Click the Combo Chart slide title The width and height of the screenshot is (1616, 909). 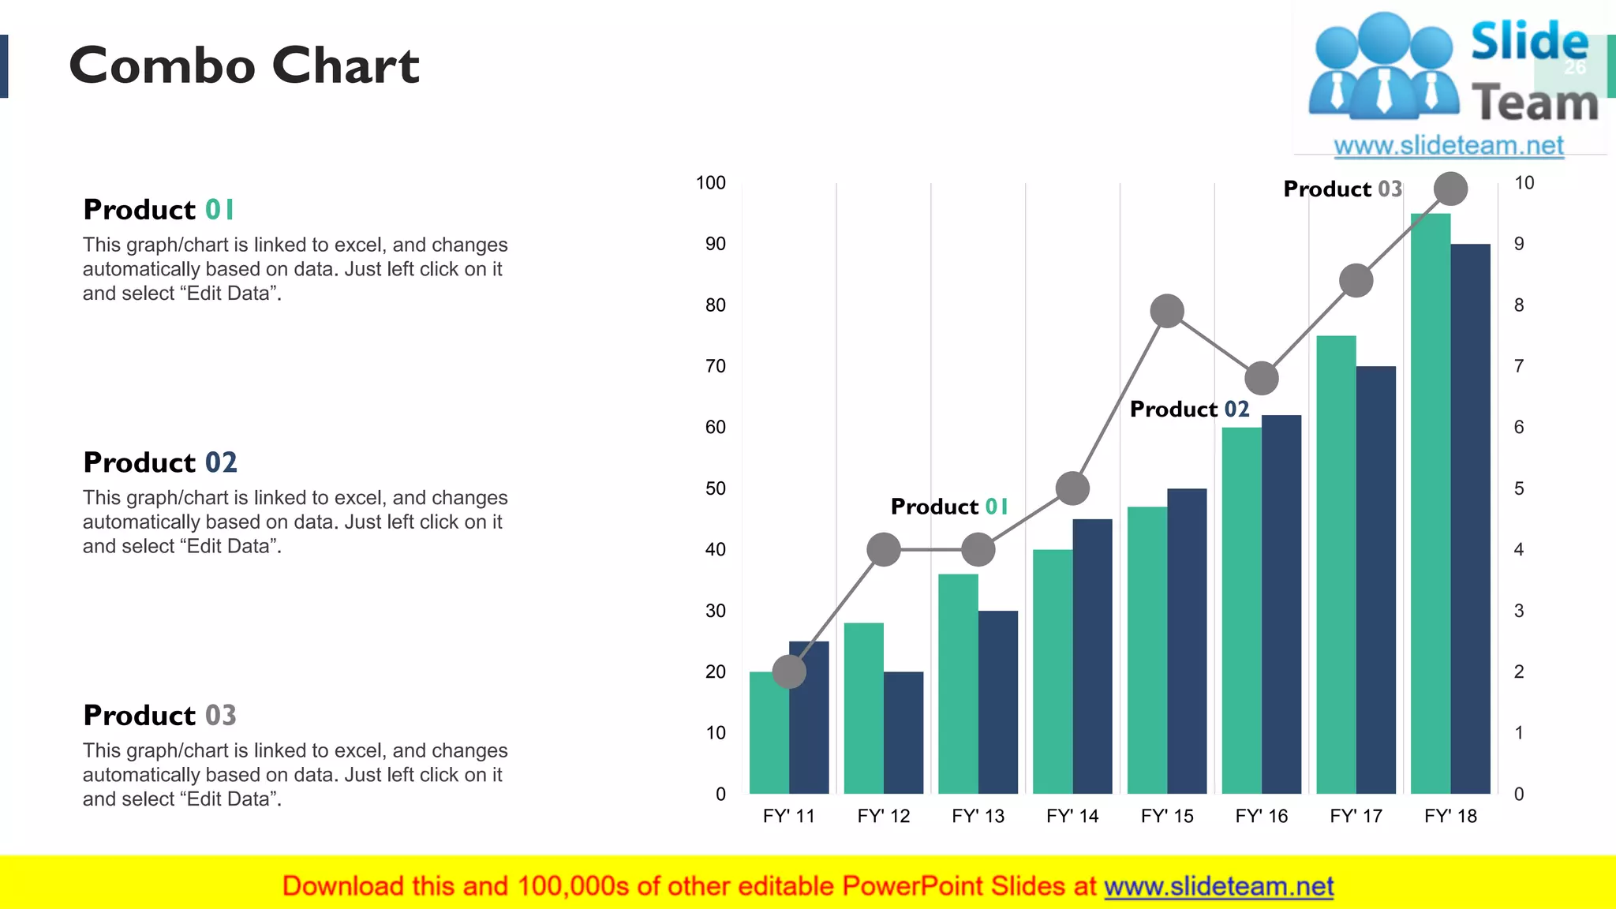pos(244,65)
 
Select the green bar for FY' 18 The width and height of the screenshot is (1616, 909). pos(1431,505)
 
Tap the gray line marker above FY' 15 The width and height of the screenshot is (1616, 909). pos(1167,311)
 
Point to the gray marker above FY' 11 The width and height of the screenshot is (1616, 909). pos(789,671)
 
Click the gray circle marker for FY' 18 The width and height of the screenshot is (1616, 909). pos(1450,189)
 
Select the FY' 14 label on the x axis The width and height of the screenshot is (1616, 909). pos(1072,816)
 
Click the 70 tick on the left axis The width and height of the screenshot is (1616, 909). pos(716,366)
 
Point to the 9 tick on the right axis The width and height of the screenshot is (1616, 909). pos(1519,244)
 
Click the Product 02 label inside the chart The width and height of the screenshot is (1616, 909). pos(1189,409)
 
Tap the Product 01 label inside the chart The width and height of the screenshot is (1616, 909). pos(949,507)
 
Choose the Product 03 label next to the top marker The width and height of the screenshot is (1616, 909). pos(1342,189)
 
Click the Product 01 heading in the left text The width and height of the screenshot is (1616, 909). pos(159,210)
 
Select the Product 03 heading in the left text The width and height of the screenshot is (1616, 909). pos(159,715)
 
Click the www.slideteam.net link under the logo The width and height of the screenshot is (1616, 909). pos(1449,145)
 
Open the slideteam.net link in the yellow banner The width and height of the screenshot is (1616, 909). pos(1218,886)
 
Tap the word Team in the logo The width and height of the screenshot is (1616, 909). pos(1535,103)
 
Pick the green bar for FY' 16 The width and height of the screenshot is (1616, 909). pos(1241,612)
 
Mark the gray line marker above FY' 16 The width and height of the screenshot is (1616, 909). pos(1261,378)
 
